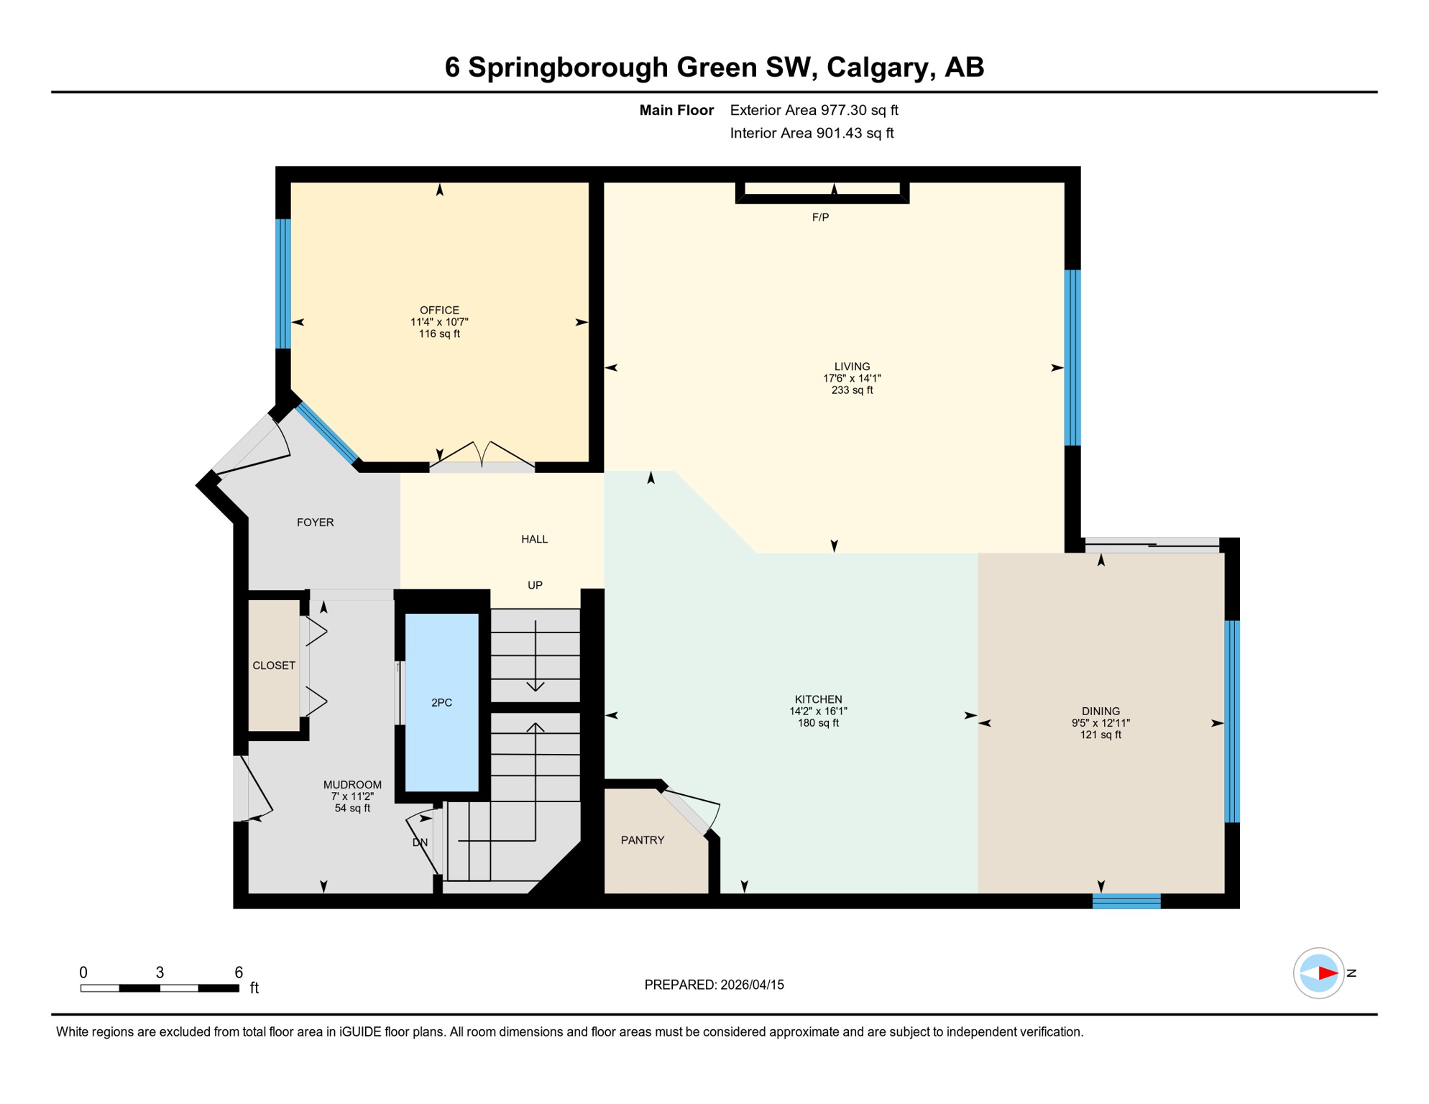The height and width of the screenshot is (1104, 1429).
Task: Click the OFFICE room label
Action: [x=439, y=310]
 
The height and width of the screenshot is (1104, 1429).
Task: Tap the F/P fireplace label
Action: [x=820, y=217]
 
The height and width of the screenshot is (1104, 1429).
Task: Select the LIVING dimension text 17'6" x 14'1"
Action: [x=852, y=378]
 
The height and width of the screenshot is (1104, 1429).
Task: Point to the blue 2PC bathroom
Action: [x=441, y=702]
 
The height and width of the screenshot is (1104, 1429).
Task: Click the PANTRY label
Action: [x=643, y=839]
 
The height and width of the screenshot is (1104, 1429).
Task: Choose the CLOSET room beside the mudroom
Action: [x=273, y=666]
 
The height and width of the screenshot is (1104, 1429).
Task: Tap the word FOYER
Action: [x=315, y=523]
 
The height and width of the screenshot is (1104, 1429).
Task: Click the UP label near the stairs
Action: [x=535, y=585]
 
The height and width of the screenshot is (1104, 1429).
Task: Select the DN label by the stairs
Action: [x=420, y=842]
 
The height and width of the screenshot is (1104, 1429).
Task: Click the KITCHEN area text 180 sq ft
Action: [x=818, y=723]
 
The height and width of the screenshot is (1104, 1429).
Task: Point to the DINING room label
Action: [x=1101, y=711]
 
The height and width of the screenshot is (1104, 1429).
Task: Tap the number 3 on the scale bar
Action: [x=160, y=972]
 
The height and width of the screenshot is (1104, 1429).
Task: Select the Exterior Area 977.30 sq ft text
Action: [x=814, y=110]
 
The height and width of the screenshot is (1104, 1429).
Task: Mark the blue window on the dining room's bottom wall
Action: [x=1126, y=901]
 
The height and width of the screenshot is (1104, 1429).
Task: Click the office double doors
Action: [x=482, y=457]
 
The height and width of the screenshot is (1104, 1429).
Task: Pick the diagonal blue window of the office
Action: [x=328, y=433]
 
